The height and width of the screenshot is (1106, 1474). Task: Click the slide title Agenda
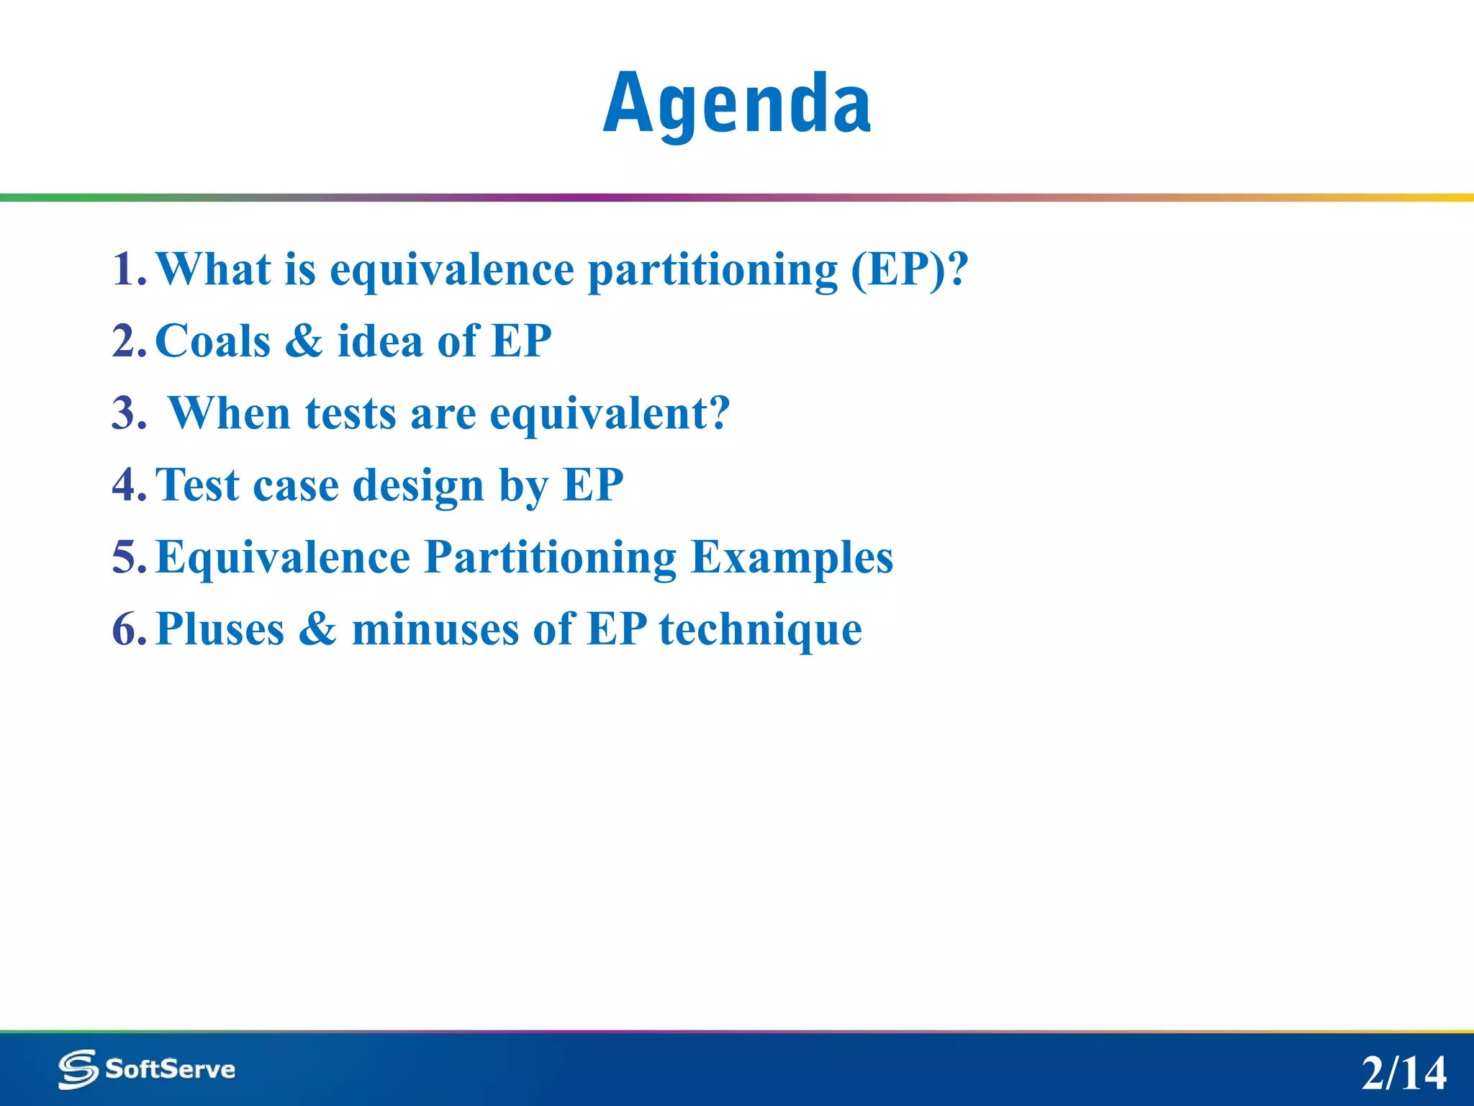coord(737,105)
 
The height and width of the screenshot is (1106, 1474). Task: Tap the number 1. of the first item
coord(130,269)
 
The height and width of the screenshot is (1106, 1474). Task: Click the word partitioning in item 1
coord(713,271)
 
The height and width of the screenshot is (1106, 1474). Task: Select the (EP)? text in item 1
coord(910,269)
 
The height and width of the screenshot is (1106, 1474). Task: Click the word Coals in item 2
coord(213,341)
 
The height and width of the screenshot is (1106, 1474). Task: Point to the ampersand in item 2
coord(304,341)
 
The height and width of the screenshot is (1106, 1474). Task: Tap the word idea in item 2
coord(380,341)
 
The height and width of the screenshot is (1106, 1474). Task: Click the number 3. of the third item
coord(130,413)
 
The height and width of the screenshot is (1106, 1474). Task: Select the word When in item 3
coord(229,413)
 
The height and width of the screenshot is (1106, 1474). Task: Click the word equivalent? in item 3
coord(610,415)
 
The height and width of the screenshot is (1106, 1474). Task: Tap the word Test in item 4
coord(197,485)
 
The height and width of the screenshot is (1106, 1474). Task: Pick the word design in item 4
coord(418,486)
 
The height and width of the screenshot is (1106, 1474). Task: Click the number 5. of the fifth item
coord(130,557)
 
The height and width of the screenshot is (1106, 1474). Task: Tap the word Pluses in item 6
coord(220,629)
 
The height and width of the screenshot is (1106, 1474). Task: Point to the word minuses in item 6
coord(435,629)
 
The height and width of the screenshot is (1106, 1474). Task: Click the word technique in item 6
coord(760,630)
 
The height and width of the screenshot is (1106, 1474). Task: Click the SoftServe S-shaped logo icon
coord(78,1069)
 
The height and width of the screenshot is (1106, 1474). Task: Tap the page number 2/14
coord(1403,1073)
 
